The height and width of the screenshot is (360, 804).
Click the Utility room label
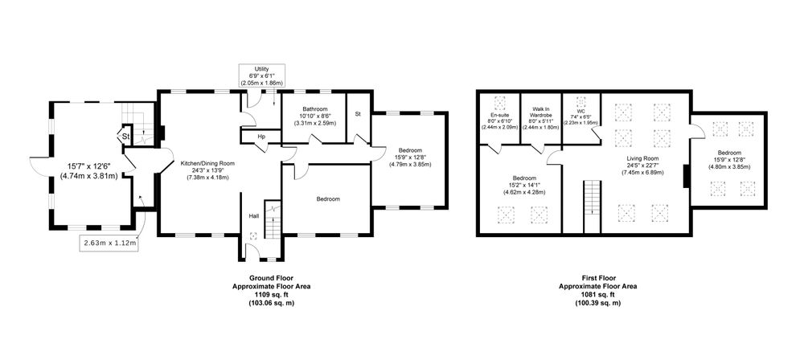pyautogui.click(x=261, y=69)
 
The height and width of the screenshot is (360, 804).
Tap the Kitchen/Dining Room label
pyautogui.click(x=207, y=164)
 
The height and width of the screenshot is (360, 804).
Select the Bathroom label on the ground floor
pyautogui.click(x=314, y=109)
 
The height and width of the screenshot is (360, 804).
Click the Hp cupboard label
pyautogui.click(x=261, y=137)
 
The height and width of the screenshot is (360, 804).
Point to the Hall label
pyautogui.click(x=253, y=216)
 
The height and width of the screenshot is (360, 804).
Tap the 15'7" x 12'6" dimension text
pyautogui.click(x=89, y=166)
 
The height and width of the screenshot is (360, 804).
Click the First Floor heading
pyautogui.click(x=597, y=277)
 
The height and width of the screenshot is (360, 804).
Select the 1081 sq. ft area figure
pyautogui.click(x=597, y=295)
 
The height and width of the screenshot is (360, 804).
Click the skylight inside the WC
pyautogui.click(x=581, y=100)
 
